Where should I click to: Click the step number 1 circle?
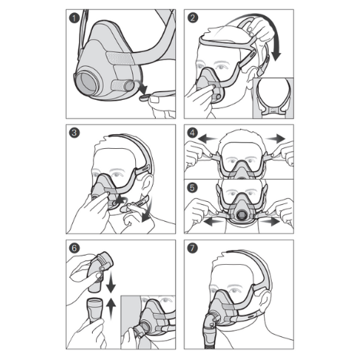tap(75, 18)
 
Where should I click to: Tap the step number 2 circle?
tap(193, 18)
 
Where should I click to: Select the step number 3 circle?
tap(75, 132)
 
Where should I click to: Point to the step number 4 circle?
tap(193, 132)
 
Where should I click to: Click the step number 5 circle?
tap(193, 186)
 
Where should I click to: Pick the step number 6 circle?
tap(75, 247)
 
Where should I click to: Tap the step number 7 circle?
tap(193, 247)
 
